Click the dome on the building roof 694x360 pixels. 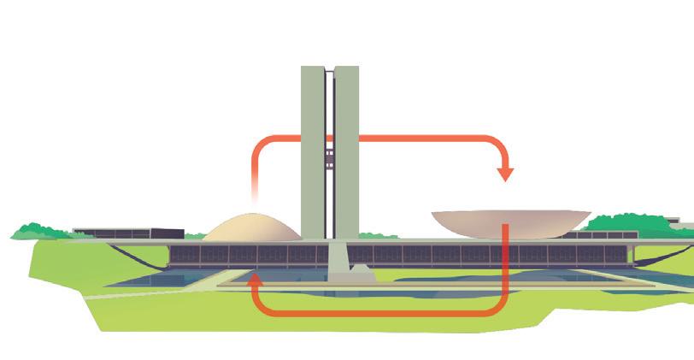[251, 227]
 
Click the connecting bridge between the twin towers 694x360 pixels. [329, 158]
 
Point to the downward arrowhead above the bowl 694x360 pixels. [505, 174]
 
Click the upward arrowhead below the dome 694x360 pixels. [253, 279]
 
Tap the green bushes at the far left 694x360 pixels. [38, 231]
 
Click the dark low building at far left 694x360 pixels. [128, 233]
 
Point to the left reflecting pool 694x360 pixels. [162, 280]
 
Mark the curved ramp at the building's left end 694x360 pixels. [137, 254]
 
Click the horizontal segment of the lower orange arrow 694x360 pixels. [376, 313]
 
